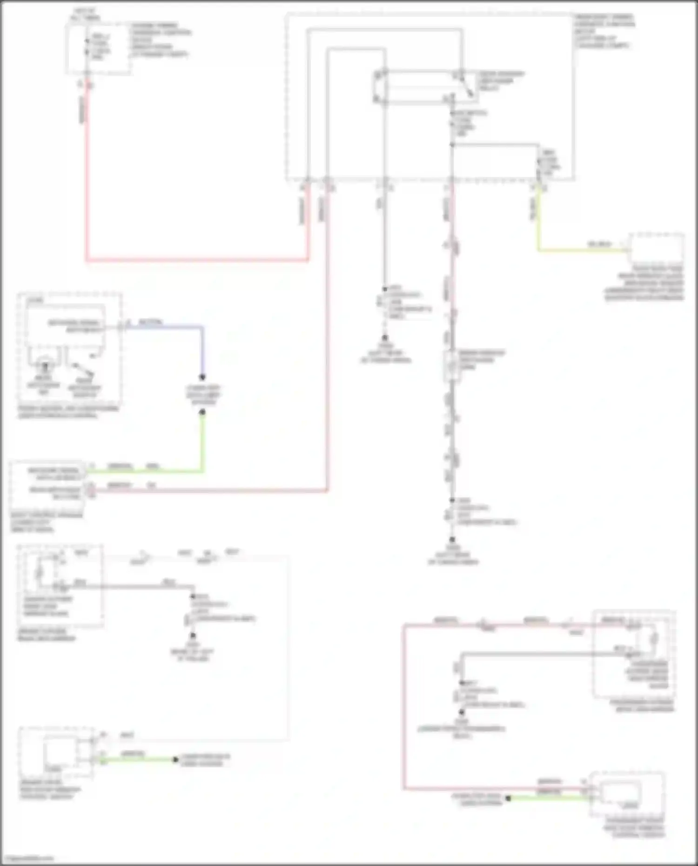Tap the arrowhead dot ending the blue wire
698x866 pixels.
202,377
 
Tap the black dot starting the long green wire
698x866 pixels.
202,412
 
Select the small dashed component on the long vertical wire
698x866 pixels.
451,365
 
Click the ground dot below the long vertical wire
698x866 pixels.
452,540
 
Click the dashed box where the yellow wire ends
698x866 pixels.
656,249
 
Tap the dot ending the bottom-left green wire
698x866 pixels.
175,760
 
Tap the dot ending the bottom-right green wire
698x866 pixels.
508,799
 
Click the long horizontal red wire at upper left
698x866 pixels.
195,260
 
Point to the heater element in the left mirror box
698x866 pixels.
40,572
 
